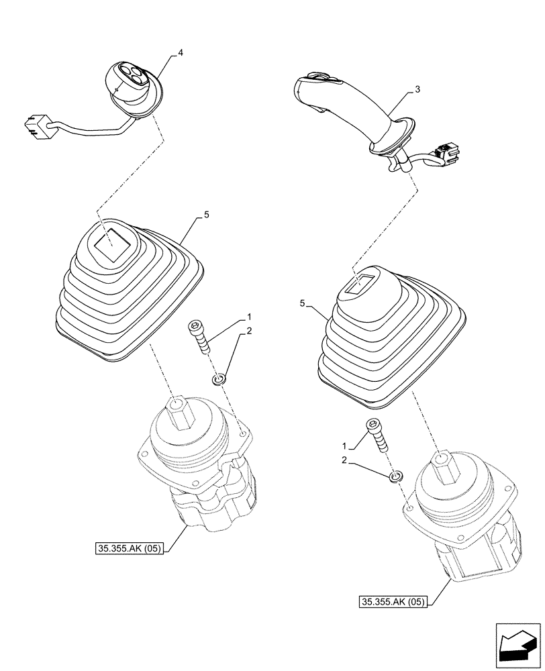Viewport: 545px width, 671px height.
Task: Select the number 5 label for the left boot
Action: pos(207,215)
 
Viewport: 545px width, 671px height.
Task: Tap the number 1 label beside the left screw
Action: pos(250,315)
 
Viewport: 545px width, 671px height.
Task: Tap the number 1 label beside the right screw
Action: pos(344,446)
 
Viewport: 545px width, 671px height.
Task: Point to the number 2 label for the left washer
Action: pos(250,331)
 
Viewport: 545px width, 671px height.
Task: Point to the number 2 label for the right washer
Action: pos(344,462)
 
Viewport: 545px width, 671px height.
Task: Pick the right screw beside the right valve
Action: pos(375,435)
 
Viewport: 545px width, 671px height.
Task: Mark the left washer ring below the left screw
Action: pos(219,380)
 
